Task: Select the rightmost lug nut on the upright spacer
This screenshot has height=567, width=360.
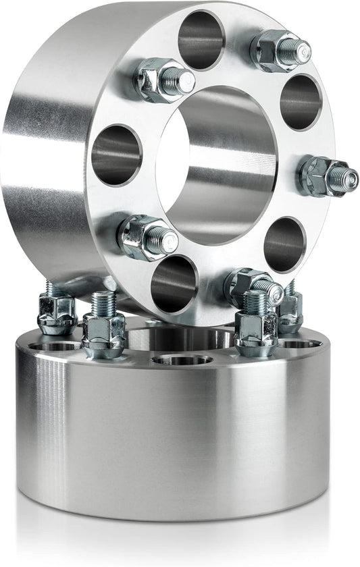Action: [x=317, y=176]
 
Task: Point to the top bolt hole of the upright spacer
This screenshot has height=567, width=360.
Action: [x=201, y=39]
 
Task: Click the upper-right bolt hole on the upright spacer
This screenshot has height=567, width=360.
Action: [x=301, y=102]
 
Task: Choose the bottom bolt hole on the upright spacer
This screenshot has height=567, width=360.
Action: [x=174, y=283]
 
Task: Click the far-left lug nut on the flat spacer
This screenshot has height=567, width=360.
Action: [x=56, y=312]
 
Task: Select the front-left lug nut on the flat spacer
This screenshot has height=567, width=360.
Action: [x=104, y=332]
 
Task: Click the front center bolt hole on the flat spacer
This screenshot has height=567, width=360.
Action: [x=182, y=359]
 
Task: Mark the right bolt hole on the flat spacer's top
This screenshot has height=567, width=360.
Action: [x=300, y=344]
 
